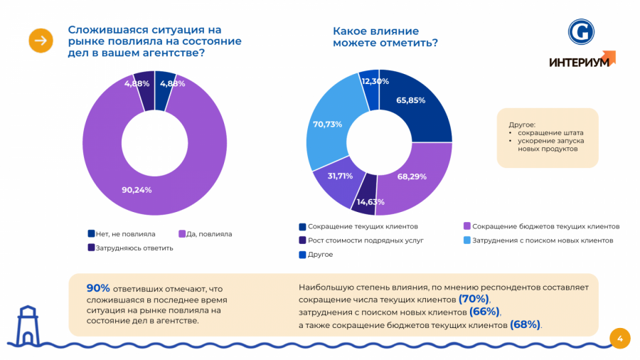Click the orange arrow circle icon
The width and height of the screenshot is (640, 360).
[41, 41]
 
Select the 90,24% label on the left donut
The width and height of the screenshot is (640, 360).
[138, 190]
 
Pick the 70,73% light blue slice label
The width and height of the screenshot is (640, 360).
[327, 125]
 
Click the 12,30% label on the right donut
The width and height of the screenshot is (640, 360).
[375, 81]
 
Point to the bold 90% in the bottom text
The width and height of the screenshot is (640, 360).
[98, 288]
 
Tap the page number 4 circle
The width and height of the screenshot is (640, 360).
[619, 339]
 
